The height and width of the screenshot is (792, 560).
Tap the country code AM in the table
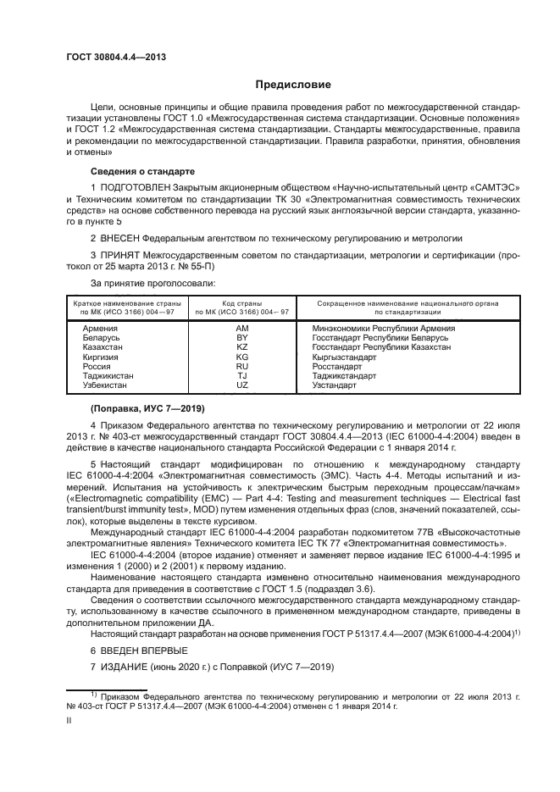[242, 328]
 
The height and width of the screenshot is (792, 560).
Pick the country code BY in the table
[242, 337]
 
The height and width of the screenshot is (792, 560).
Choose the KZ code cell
[242, 347]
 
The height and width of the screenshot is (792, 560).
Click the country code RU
[242, 366]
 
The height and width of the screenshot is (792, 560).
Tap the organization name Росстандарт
[339, 366]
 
